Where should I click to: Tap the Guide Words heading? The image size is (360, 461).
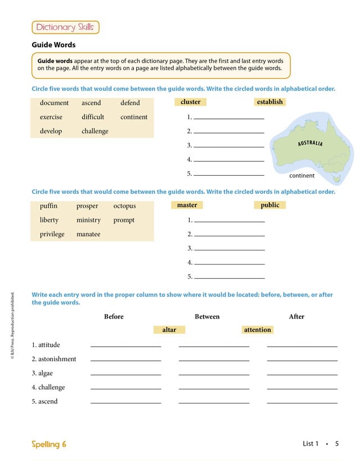tap(53, 45)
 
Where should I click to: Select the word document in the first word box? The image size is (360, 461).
tap(54, 103)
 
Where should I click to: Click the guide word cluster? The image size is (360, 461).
tap(191, 102)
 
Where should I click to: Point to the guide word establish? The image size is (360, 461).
tap(270, 102)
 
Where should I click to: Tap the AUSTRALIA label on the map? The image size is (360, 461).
tap(310, 143)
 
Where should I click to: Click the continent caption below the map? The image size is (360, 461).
tap(302, 176)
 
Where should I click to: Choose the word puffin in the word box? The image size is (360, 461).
tap(48, 206)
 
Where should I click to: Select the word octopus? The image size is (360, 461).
tap(124, 206)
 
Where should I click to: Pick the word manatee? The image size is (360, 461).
tap(88, 234)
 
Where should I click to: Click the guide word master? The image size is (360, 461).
tap(187, 205)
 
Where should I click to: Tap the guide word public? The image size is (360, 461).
tap(270, 205)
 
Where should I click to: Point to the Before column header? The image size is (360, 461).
tap(114, 317)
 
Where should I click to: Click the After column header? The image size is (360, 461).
tap(296, 317)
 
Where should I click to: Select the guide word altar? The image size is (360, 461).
tap(169, 330)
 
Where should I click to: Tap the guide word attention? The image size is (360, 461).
tap(258, 330)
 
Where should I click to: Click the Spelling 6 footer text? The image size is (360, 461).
tap(49, 444)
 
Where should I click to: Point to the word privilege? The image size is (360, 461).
tap(52, 234)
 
